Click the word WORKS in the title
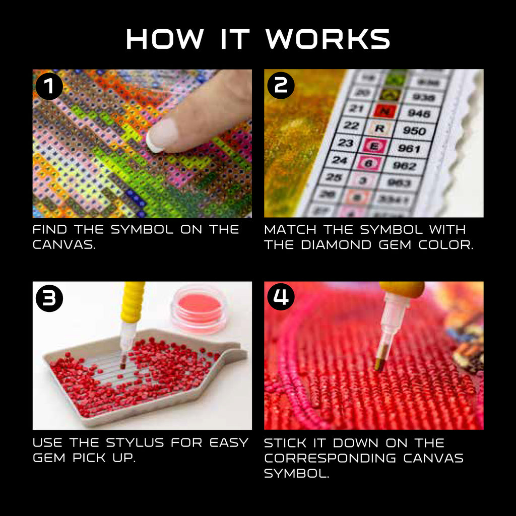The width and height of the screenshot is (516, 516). pyautogui.click(x=328, y=39)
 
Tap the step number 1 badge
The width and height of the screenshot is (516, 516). pyautogui.click(x=49, y=86)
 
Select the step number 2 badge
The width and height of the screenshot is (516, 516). pyautogui.click(x=281, y=86)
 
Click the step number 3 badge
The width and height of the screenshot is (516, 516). pyautogui.click(x=49, y=298)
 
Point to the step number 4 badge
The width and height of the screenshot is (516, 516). pyautogui.click(x=281, y=298)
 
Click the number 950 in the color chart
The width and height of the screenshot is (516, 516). pyautogui.click(x=415, y=131)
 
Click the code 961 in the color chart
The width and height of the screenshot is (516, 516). pyautogui.click(x=409, y=148)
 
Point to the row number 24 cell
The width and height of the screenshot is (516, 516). pyautogui.click(x=340, y=161)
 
